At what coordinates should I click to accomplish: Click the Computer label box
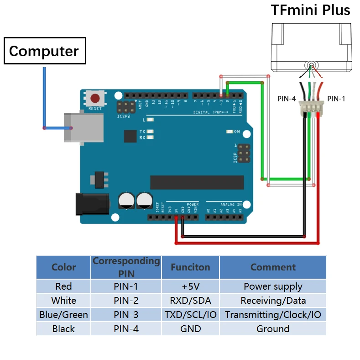[x=44, y=51]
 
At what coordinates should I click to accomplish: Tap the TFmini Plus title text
[x=310, y=10]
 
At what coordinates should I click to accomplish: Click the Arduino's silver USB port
[x=73, y=128]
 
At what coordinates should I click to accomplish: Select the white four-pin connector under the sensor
[x=311, y=108]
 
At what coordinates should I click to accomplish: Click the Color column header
[x=63, y=267]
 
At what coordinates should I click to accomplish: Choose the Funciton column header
[x=190, y=267]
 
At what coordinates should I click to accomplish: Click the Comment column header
[x=273, y=267]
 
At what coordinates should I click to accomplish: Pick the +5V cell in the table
[x=190, y=286]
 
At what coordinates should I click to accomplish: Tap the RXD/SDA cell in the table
[x=190, y=301]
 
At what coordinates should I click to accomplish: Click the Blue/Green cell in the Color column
[x=63, y=315]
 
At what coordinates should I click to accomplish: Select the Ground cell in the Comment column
[x=273, y=329]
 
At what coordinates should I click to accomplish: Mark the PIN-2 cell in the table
[x=125, y=301]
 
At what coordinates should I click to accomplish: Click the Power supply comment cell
[x=273, y=286]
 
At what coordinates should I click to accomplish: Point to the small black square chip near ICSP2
[x=130, y=136]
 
